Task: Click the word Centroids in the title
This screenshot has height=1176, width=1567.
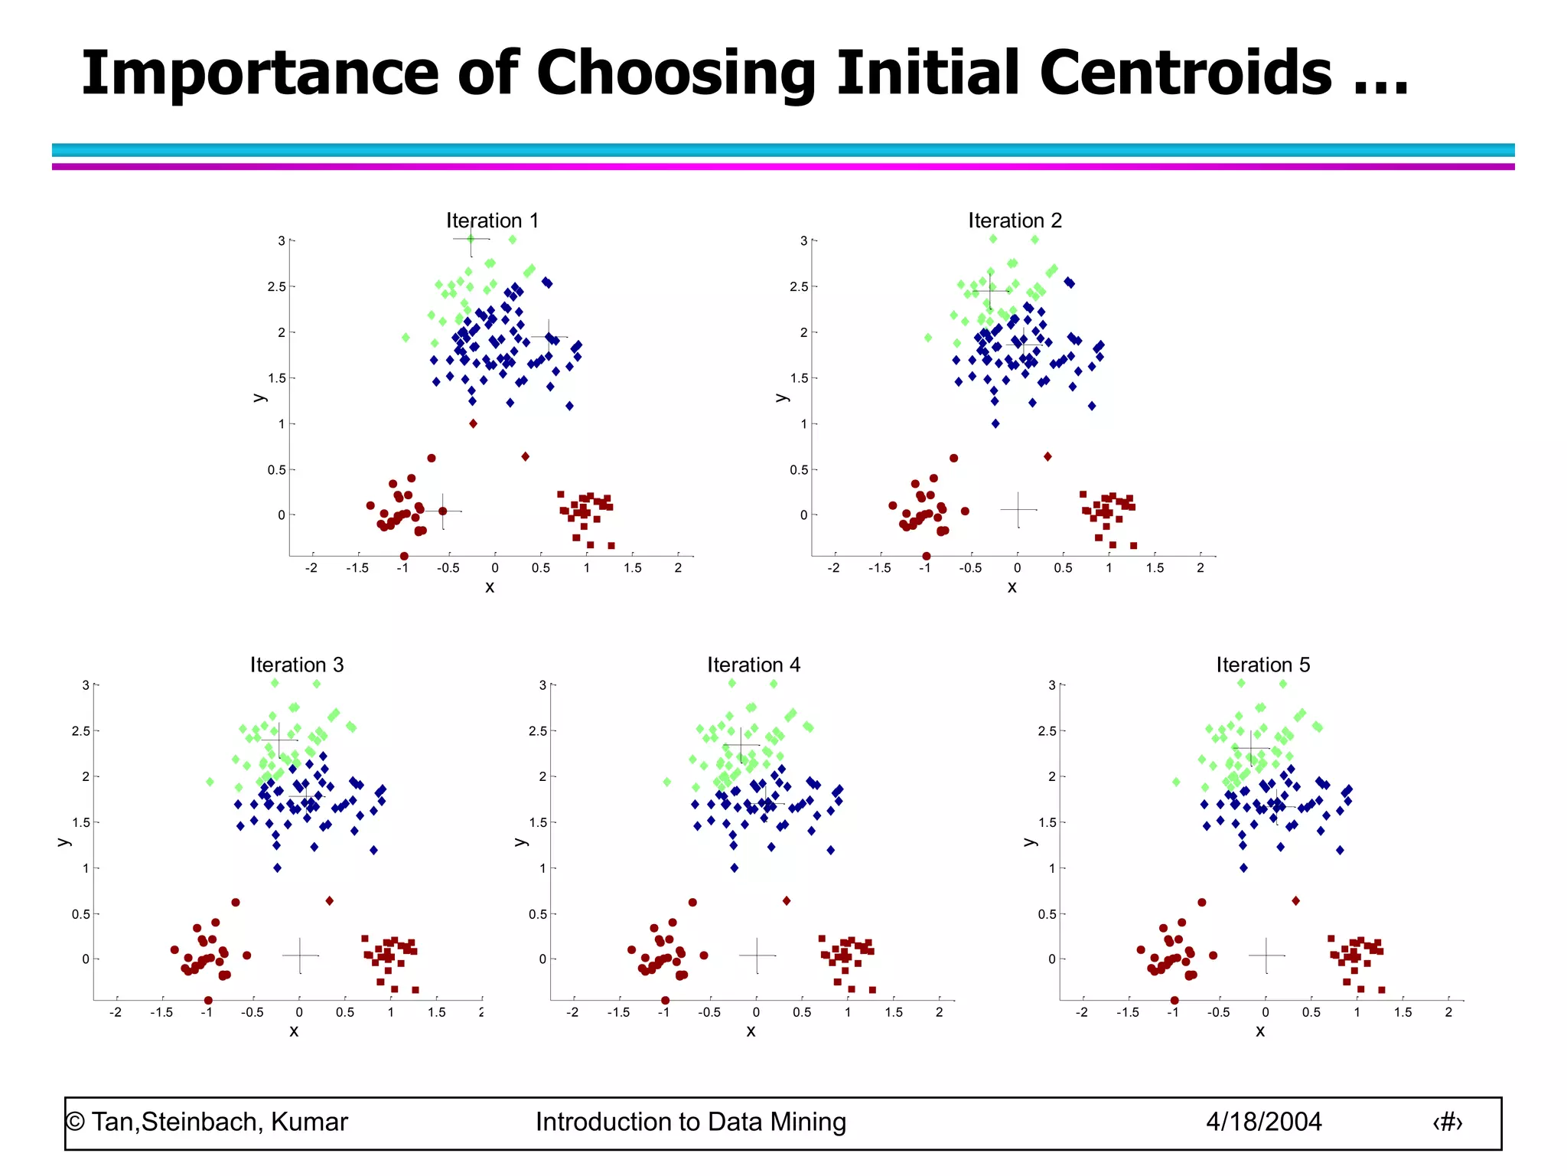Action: [x=1185, y=73]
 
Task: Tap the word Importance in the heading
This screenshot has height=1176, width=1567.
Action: [x=260, y=74]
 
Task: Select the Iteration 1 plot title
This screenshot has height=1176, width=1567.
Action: [x=493, y=220]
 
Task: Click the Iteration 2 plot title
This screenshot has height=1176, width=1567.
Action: [x=1015, y=220]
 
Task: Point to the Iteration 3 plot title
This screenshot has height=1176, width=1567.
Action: [x=297, y=665]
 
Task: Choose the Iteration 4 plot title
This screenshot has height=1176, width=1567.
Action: [x=754, y=665]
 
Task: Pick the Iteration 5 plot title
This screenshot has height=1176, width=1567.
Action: [x=1263, y=665]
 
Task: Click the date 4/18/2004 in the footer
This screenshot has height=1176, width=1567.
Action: [x=1263, y=1122]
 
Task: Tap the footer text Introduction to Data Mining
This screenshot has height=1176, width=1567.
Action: [x=690, y=1122]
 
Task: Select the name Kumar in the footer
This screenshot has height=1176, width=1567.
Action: [x=309, y=1122]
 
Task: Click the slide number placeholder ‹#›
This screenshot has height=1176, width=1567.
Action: [x=1447, y=1122]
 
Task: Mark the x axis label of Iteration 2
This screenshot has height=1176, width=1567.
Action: [x=1012, y=587]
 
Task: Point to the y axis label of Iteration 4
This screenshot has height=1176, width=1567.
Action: [x=521, y=841]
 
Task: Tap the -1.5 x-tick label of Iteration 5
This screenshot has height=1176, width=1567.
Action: [x=1126, y=1012]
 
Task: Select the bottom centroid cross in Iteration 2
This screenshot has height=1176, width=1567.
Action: [x=1018, y=509]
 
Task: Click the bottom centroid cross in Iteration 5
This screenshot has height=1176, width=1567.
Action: [x=1266, y=955]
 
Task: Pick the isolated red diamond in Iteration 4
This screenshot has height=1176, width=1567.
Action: [x=787, y=900]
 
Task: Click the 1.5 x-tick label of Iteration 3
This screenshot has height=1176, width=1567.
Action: [x=436, y=1012]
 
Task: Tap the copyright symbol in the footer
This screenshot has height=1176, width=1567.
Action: [x=75, y=1122]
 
